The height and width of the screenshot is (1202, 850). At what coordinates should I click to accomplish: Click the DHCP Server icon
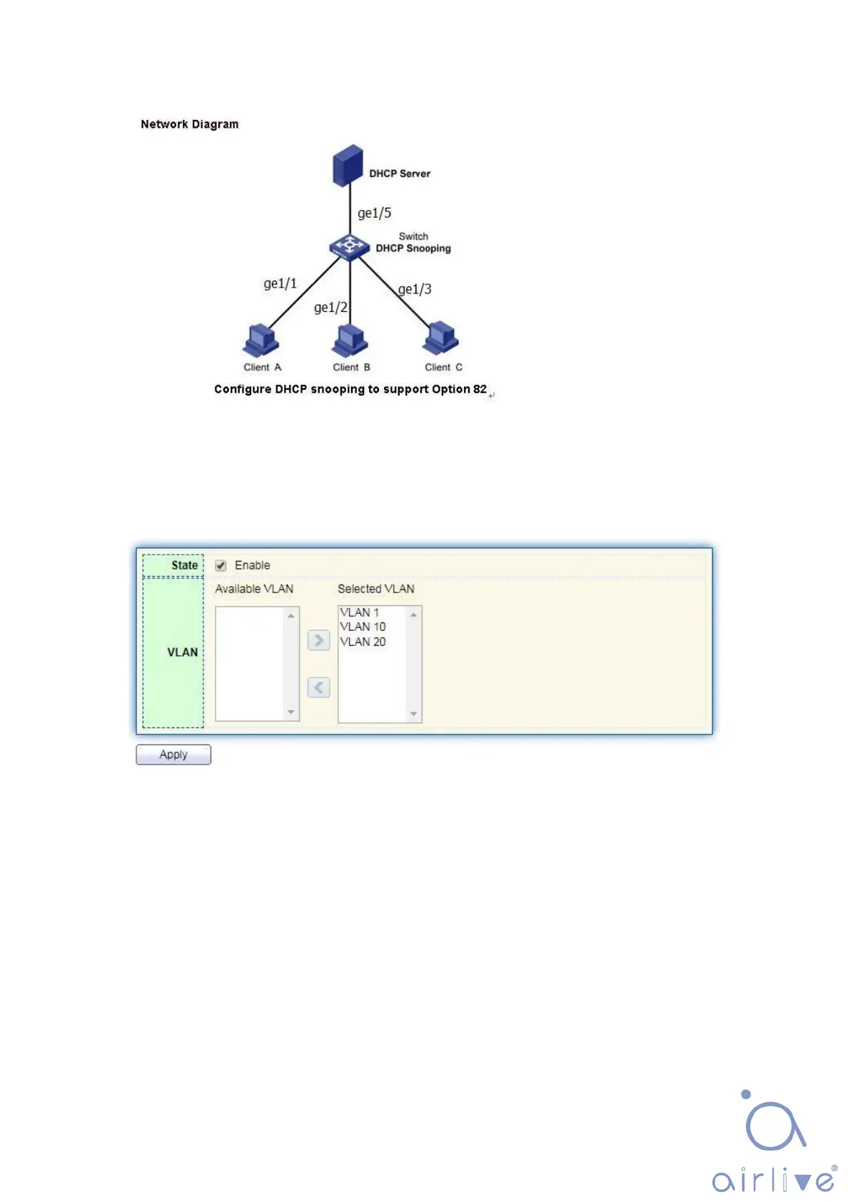(x=348, y=165)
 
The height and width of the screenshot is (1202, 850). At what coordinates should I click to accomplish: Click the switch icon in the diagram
(x=349, y=246)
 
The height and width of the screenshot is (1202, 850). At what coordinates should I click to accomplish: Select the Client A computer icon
(x=260, y=340)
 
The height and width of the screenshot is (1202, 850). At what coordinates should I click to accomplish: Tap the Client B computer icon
(x=350, y=340)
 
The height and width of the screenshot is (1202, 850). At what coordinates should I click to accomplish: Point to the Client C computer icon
(x=440, y=338)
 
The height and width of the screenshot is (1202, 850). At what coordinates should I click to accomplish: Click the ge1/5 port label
(x=374, y=213)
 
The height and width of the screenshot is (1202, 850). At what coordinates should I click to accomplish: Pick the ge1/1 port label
(x=280, y=283)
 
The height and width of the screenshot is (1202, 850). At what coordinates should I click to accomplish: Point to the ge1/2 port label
(x=330, y=308)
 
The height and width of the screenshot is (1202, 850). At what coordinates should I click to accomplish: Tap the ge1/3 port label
(x=415, y=289)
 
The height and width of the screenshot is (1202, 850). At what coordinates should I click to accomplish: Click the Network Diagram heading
(x=189, y=124)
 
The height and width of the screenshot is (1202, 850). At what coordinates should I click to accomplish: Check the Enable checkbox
(x=221, y=565)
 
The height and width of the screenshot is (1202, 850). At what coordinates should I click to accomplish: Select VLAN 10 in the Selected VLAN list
(x=363, y=627)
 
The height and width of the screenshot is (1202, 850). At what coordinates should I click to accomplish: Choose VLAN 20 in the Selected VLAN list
(x=363, y=642)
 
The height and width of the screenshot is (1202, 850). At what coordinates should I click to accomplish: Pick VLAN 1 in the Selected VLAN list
(x=360, y=612)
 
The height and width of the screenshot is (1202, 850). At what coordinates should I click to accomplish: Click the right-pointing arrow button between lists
(x=318, y=640)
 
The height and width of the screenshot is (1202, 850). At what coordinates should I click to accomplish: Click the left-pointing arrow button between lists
(x=318, y=687)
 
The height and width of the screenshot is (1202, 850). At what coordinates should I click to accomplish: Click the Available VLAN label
(x=254, y=589)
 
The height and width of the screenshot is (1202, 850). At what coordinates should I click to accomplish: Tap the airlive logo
(x=774, y=1142)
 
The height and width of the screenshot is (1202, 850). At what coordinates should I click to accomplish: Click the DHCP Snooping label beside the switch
(x=413, y=248)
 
